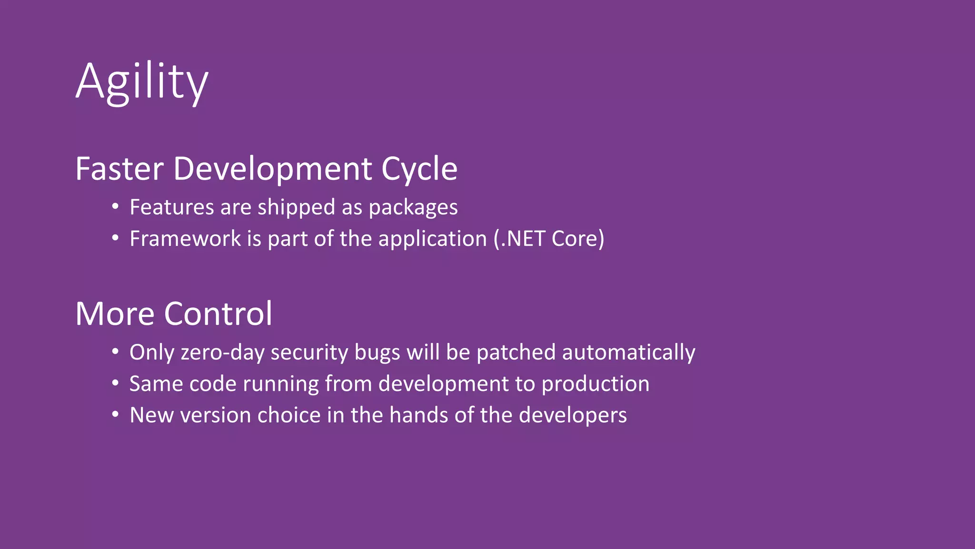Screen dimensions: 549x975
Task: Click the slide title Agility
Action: click(141, 82)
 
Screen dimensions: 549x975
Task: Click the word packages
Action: click(413, 207)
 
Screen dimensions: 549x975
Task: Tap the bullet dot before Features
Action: click(115, 206)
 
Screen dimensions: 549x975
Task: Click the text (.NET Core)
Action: click(548, 239)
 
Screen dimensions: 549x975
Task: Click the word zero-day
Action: click(222, 353)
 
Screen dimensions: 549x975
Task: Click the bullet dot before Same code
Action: click(115, 383)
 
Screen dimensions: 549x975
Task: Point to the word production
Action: click(595, 384)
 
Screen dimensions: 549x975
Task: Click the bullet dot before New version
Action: click(115, 414)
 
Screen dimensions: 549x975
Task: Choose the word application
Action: click(432, 239)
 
